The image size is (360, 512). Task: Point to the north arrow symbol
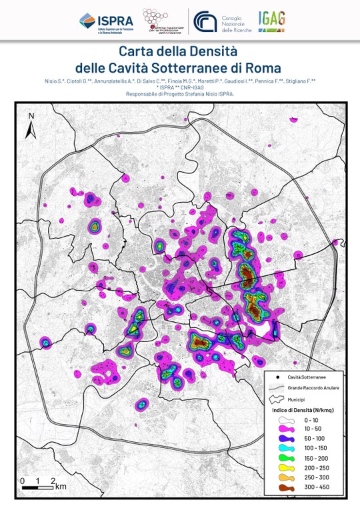(30, 126)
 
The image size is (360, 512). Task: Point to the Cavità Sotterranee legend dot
(279, 377)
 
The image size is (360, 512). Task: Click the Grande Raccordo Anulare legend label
(313, 387)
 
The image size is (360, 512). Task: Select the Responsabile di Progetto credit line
(179, 95)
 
